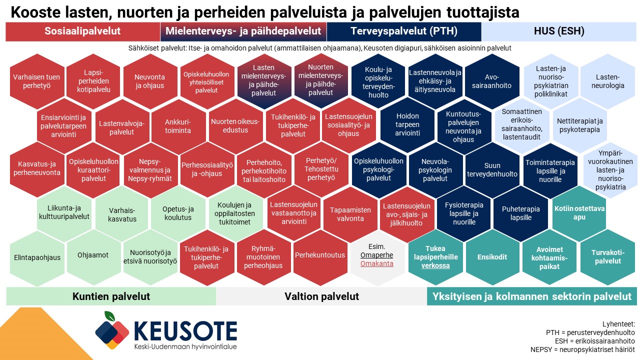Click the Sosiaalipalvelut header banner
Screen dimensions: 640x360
[x=83, y=31]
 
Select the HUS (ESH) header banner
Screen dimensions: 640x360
[x=559, y=31]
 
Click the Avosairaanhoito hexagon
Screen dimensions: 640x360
[x=492, y=81]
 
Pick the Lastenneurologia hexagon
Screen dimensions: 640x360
[x=607, y=81]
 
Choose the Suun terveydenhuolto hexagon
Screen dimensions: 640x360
[x=492, y=169]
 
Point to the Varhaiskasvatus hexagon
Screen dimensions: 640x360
[x=122, y=214]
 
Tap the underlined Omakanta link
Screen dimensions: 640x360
[x=376, y=263]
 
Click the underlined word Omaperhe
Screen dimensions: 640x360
[x=376, y=255]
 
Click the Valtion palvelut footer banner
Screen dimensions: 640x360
[x=321, y=296]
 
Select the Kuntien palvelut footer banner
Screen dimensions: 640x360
[x=111, y=296]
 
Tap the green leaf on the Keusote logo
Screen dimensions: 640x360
[x=110, y=316]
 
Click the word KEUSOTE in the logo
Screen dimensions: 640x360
[x=185, y=331]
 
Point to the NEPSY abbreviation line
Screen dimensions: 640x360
[x=582, y=349]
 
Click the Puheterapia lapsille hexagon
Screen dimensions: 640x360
[x=521, y=213]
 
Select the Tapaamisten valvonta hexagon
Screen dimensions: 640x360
[x=350, y=214]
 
